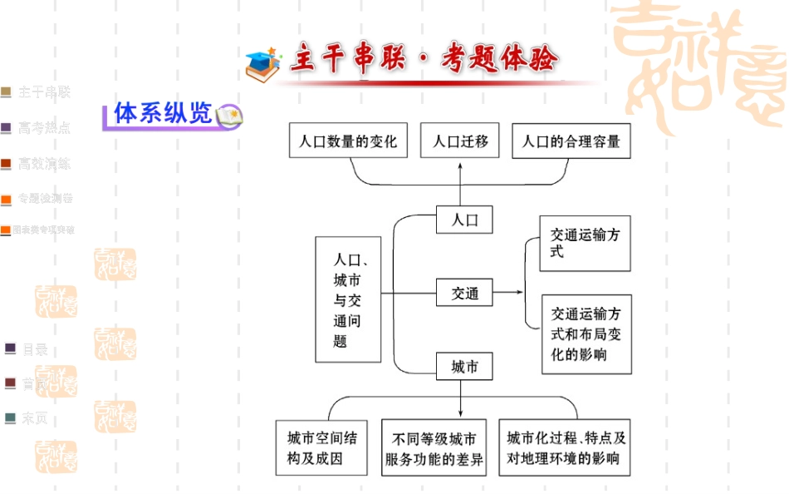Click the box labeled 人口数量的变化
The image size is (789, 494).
point(349,141)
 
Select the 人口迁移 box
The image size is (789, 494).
point(459,141)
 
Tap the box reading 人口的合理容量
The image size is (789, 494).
point(571,141)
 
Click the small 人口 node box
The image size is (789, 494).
point(465,220)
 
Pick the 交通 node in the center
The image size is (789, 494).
point(465,293)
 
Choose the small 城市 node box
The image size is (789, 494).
point(465,367)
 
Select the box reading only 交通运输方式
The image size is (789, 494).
point(585,243)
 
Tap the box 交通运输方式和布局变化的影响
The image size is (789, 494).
point(586,334)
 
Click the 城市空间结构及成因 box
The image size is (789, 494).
point(321,447)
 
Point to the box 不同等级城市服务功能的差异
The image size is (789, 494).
point(434,447)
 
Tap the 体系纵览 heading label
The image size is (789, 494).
point(163,114)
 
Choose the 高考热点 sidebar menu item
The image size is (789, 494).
point(44,128)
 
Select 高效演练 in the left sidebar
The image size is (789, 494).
point(44,164)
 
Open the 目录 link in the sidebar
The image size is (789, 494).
point(34,349)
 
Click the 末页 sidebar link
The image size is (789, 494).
point(34,418)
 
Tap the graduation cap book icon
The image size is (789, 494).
point(263,63)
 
